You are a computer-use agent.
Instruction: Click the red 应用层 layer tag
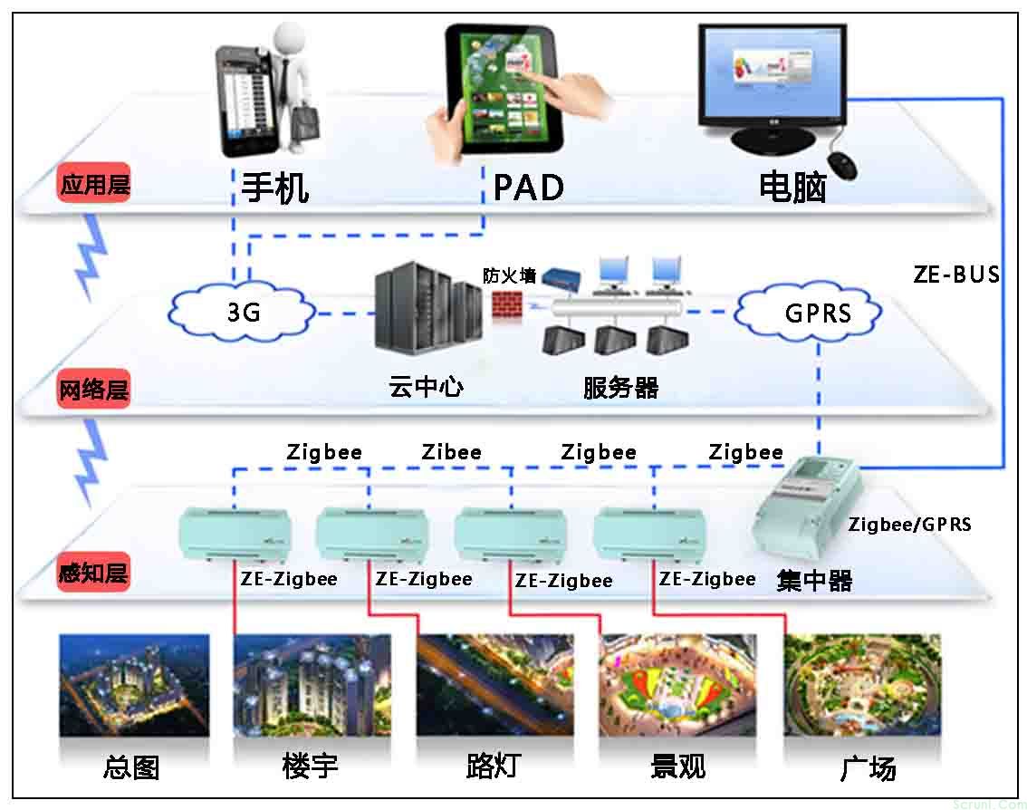(x=94, y=185)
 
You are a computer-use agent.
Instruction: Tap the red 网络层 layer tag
(x=93, y=391)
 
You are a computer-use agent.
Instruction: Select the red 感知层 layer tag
(x=93, y=574)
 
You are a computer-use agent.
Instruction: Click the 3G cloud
(x=243, y=312)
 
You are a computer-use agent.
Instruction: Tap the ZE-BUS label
(x=956, y=274)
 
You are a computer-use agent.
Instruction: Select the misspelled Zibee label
(x=452, y=451)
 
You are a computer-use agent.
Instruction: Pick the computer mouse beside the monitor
(x=843, y=165)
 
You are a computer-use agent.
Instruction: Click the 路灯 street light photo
(x=494, y=683)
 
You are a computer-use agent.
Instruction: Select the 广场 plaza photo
(x=861, y=683)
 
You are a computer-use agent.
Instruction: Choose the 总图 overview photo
(x=134, y=683)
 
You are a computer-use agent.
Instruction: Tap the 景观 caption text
(x=677, y=767)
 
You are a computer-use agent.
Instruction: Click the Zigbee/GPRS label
(x=909, y=524)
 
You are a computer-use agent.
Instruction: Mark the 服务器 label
(x=620, y=388)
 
